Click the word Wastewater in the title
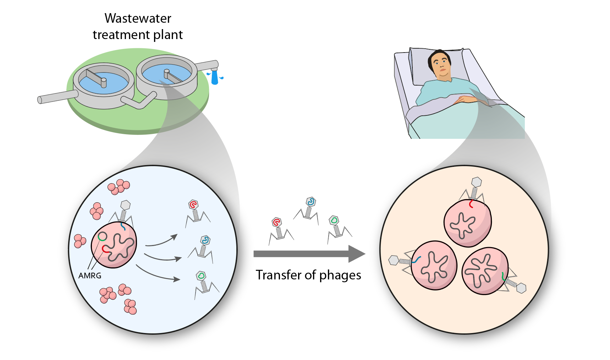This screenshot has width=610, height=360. click(x=138, y=18)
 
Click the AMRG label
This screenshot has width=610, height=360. click(x=90, y=276)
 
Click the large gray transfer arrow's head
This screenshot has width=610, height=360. click(x=356, y=253)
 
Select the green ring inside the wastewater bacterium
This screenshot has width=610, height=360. click(x=102, y=236)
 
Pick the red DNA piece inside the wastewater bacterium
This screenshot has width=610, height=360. click(x=105, y=249)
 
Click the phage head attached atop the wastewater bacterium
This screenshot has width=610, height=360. click(x=125, y=205)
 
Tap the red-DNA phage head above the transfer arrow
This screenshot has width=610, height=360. click(x=276, y=222)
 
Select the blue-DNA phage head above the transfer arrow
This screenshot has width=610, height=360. click(x=311, y=202)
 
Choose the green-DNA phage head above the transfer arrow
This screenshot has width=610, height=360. click(x=334, y=220)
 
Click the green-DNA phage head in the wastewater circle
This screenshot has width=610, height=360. click(x=201, y=276)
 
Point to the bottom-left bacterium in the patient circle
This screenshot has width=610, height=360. click(x=434, y=265)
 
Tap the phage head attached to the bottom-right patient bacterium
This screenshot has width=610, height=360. click(x=521, y=288)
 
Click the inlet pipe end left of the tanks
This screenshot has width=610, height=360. click(x=40, y=100)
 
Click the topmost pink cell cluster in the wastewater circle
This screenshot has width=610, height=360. click(x=119, y=187)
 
